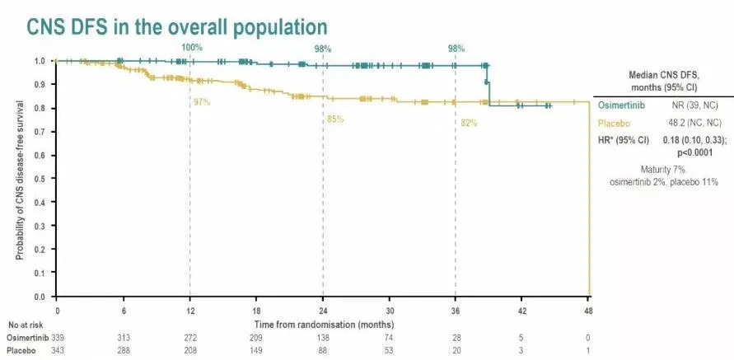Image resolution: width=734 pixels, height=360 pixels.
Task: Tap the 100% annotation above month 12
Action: coord(192,47)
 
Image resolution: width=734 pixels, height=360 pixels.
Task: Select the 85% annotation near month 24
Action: coord(335,119)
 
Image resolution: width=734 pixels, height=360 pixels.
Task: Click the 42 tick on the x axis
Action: coord(521,310)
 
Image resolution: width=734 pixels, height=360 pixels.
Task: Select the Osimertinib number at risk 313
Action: coord(124,336)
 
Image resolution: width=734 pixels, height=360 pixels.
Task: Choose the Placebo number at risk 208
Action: coord(191,349)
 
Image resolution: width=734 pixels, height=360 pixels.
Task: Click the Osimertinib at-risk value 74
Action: coord(389,336)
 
